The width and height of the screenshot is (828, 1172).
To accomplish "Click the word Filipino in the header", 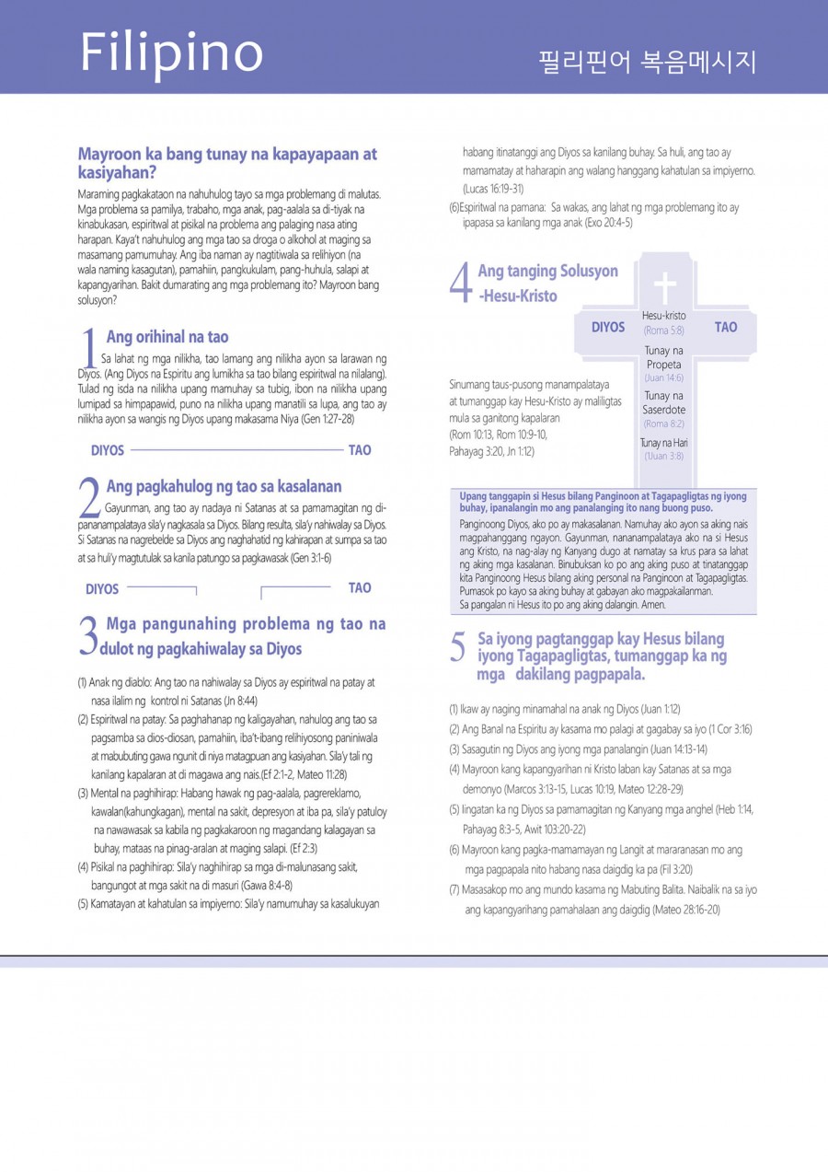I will point(171,52).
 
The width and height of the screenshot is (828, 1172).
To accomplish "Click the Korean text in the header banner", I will point(648,63).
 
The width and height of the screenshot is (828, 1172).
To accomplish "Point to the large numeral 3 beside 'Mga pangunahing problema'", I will point(89,636).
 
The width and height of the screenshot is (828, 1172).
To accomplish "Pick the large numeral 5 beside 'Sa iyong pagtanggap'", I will point(458,648).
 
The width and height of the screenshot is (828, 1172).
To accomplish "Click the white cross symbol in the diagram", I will point(663,286).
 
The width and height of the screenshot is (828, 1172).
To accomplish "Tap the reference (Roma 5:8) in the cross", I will point(663,330).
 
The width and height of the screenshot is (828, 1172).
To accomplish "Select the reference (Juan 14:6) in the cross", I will point(663,377).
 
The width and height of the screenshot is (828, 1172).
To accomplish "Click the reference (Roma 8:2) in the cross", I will point(663,424).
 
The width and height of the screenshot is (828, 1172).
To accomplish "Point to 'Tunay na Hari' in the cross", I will point(663,443).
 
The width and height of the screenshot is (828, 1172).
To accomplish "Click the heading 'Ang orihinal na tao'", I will point(167,337).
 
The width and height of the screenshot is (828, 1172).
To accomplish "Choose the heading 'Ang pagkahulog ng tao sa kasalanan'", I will point(224,486).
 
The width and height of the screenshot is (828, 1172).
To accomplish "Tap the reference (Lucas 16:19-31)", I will point(493,188).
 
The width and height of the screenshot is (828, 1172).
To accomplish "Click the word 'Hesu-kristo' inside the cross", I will point(663,316).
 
